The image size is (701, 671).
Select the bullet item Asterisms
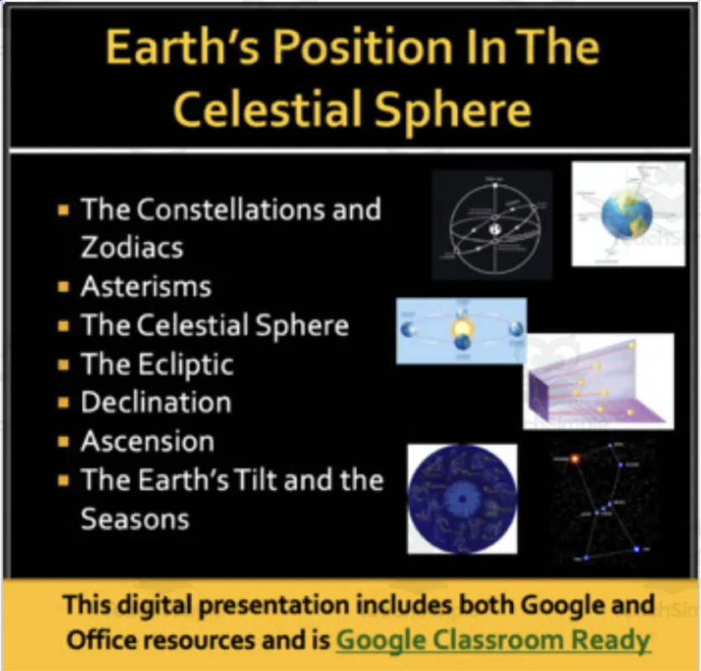point(146,287)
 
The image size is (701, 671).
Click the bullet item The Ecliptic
point(157,364)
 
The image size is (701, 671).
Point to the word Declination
point(156,403)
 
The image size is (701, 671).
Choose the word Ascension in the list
point(148,441)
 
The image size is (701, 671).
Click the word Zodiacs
point(132,247)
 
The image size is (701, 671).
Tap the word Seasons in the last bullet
point(135,518)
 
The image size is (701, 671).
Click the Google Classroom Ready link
point(493,640)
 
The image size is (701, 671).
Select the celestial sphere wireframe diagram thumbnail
point(491,225)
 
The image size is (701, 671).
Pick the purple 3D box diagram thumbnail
point(599,382)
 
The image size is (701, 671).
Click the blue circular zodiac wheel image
point(462,499)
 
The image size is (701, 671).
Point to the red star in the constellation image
point(575,459)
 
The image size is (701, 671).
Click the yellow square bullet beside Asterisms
point(64,288)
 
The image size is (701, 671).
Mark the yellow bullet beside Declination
point(64,403)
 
